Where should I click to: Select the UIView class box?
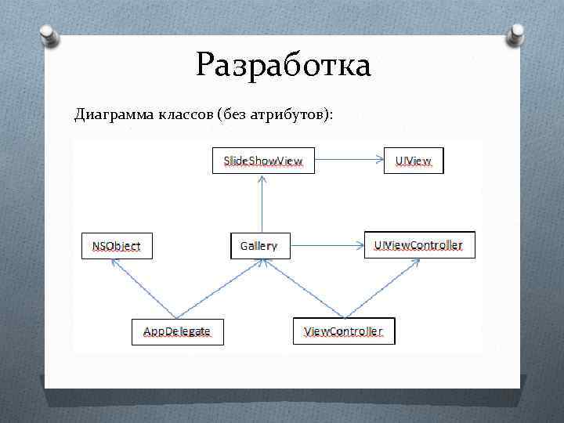coord(414,161)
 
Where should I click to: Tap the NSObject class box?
coord(117,246)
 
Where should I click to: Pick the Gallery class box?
coord(259,246)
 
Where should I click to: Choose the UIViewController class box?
coord(419,245)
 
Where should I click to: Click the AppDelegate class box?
coord(177,331)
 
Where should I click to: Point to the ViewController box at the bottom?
coord(344,331)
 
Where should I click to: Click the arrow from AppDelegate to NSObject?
coord(145,289)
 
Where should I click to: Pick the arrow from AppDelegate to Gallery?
coord(219,289)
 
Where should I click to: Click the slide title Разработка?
coord(283,65)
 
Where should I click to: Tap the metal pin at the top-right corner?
coord(518,33)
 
